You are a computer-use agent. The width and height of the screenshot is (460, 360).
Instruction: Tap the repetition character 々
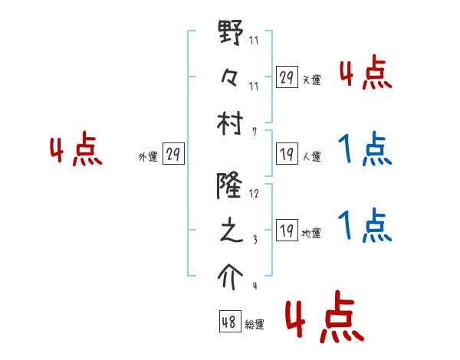(x=231, y=80)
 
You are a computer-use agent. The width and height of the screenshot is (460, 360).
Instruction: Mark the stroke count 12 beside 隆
(x=254, y=194)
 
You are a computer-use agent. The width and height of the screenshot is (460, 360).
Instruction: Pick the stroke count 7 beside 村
(x=254, y=132)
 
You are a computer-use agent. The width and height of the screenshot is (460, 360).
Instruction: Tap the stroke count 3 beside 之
(x=254, y=240)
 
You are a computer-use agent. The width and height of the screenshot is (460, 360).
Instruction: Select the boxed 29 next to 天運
(x=287, y=77)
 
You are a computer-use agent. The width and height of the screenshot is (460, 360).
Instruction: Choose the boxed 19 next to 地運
(x=287, y=230)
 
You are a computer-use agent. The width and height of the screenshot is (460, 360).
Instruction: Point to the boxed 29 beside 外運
(x=172, y=155)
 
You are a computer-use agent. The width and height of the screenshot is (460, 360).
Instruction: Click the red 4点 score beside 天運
(x=365, y=74)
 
